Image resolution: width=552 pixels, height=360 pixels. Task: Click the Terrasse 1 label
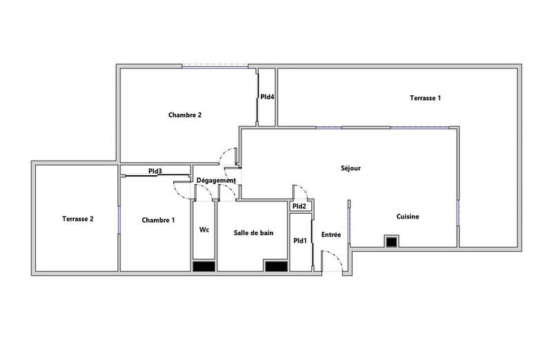pos(425,98)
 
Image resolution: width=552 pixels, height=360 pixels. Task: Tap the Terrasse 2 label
pos(77,219)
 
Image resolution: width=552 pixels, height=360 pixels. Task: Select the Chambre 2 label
pos(185,115)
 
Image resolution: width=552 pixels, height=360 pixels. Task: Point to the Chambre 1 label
pos(158,220)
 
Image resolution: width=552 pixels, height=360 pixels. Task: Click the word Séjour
pos(351,168)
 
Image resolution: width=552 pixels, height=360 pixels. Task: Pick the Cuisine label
pos(408,217)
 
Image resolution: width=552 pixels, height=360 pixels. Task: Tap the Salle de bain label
pos(253,233)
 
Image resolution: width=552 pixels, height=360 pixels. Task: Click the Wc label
pos(204,230)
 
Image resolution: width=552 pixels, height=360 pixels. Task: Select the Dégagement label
pos(216,181)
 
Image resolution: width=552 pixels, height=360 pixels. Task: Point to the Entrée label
pos(331,235)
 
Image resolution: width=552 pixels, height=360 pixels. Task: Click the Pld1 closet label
pos(299,241)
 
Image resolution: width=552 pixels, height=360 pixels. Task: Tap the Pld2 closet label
pos(299,206)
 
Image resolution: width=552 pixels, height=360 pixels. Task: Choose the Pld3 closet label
pos(155,171)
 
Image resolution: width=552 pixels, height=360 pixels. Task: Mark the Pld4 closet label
pos(267,97)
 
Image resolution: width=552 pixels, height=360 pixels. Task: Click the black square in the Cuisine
pos(391,241)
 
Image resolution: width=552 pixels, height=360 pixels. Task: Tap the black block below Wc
pos(204,267)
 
